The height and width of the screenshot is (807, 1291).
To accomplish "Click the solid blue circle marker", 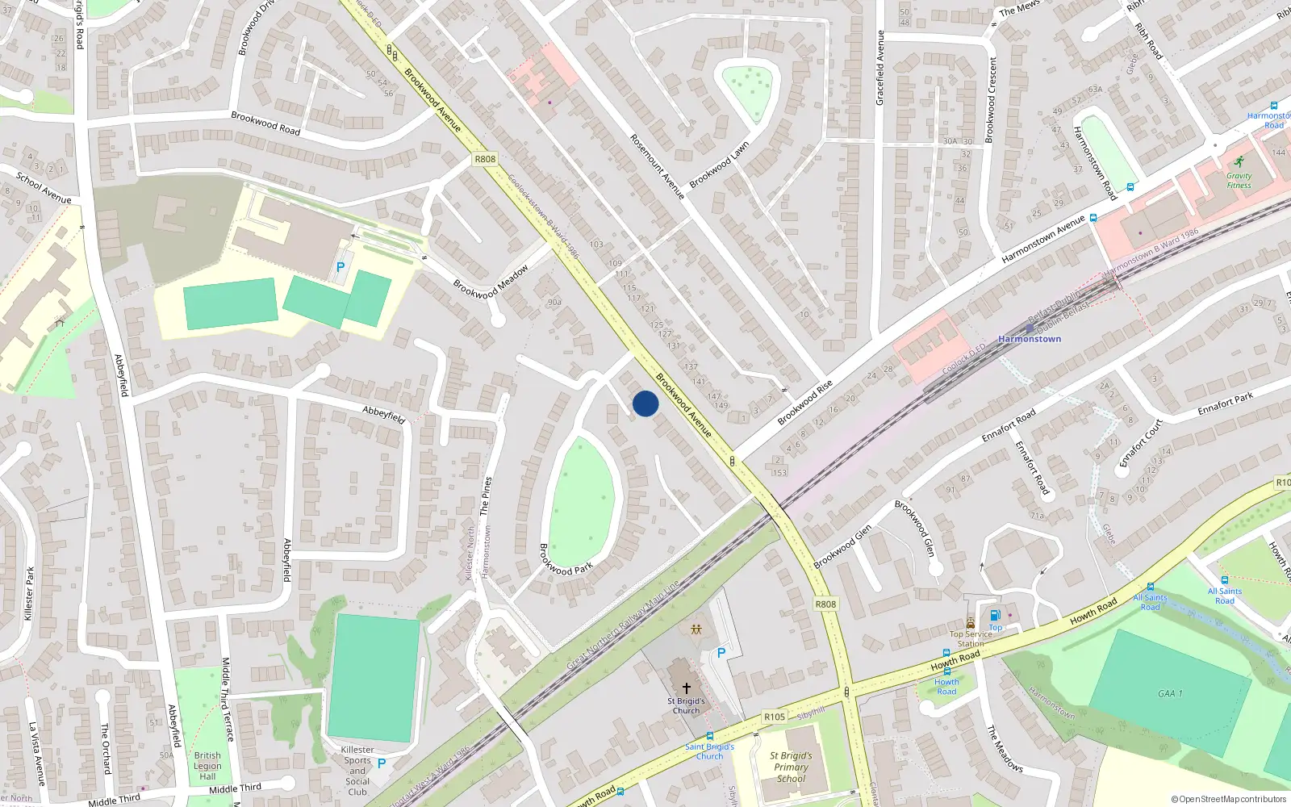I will [x=645, y=403].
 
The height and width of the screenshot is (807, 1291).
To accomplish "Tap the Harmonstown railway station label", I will [x=1030, y=339].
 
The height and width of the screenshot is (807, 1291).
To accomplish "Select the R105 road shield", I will [x=774, y=716].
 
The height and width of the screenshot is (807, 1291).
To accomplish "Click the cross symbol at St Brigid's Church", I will [x=687, y=688].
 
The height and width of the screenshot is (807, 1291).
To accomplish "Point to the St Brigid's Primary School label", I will [x=791, y=767].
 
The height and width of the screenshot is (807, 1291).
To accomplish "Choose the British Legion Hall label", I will [x=207, y=766].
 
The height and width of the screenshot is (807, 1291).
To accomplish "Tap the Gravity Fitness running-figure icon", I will [x=1239, y=161].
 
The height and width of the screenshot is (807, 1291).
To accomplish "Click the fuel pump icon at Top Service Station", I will [x=995, y=616].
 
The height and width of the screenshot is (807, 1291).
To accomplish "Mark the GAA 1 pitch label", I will [x=1170, y=693].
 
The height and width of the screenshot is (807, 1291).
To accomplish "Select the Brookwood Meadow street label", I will [x=491, y=282].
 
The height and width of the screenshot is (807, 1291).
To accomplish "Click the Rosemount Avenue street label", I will [x=657, y=167].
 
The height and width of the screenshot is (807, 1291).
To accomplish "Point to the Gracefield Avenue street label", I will [x=880, y=68].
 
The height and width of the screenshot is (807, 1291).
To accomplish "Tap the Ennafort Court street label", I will [x=1141, y=443].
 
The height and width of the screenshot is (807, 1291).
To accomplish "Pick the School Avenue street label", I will [x=44, y=188].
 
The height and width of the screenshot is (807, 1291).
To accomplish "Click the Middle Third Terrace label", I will [x=228, y=699].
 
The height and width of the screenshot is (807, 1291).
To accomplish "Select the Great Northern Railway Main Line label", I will [x=622, y=625].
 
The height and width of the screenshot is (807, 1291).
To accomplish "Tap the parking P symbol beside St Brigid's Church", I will [x=721, y=653].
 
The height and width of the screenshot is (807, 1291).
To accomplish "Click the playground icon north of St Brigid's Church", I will [x=696, y=629].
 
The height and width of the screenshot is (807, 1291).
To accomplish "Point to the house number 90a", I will [x=554, y=303].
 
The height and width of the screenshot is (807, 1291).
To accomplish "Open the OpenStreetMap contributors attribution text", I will [x=1229, y=799].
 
